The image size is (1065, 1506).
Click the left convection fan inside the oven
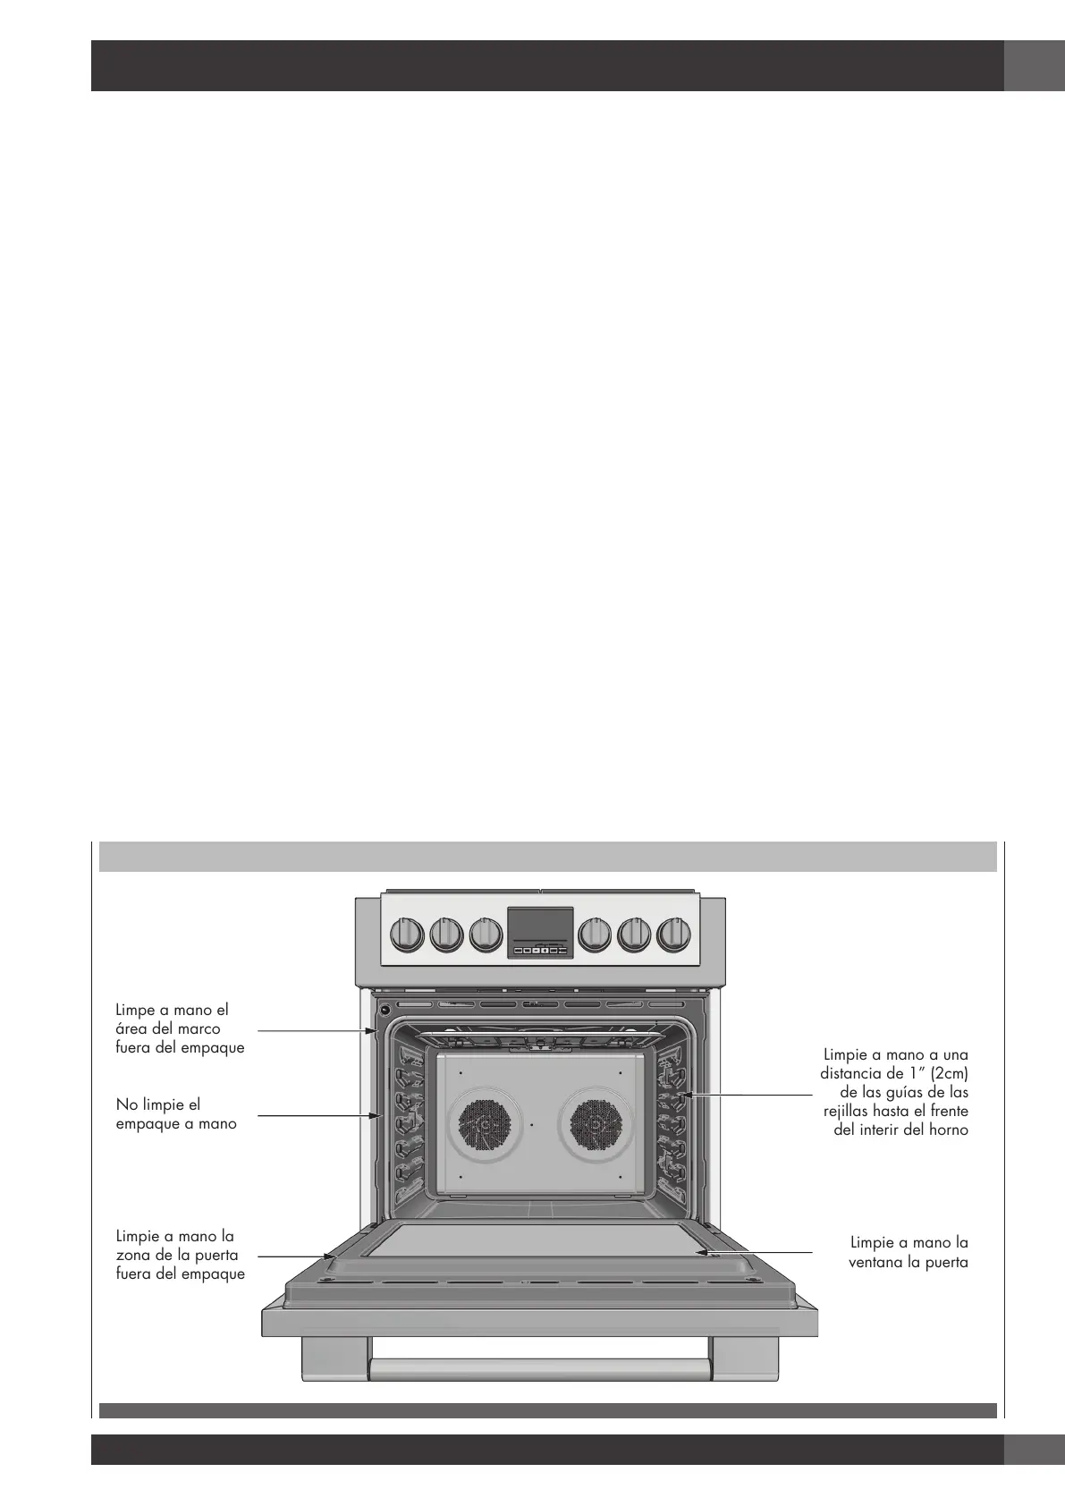[x=484, y=1125]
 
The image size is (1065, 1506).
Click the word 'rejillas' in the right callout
[x=849, y=1111]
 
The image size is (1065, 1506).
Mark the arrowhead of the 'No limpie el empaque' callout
[x=378, y=1115]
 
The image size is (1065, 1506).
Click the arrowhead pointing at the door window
[x=703, y=1253]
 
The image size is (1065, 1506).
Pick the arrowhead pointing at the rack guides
[x=682, y=1095]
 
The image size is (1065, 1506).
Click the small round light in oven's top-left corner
[x=385, y=1011]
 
